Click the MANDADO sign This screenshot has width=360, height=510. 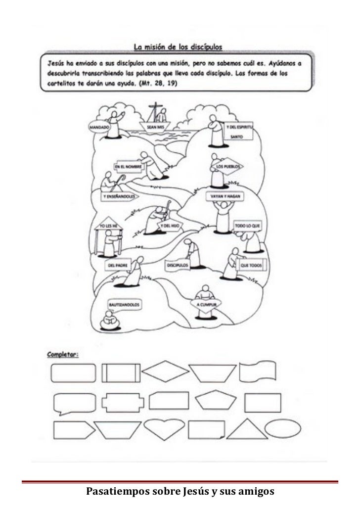click(x=99, y=127)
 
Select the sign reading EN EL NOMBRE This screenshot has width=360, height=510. click(x=128, y=167)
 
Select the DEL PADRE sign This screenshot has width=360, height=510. click(x=117, y=265)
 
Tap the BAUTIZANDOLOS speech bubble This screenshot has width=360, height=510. click(x=119, y=306)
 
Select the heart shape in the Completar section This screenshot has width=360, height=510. click(x=164, y=430)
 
